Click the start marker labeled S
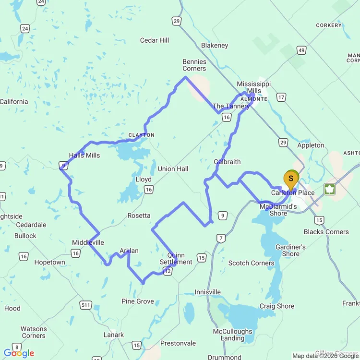click(290, 179)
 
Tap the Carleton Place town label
click(293, 193)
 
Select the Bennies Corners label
click(194, 65)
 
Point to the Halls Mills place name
click(84, 155)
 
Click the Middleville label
click(88, 242)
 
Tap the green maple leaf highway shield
click(330, 189)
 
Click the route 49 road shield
click(301, 50)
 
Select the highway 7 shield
click(221, 238)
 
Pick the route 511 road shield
click(86, 305)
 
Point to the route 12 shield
click(168, 272)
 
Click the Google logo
click(19, 353)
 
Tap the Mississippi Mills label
click(253, 87)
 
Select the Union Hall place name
click(173, 169)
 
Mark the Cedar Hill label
click(155, 40)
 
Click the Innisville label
click(208, 292)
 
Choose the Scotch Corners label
click(251, 263)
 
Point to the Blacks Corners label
click(326, 232)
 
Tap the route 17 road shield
click(281, 97)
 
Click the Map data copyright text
click(325, 356)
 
